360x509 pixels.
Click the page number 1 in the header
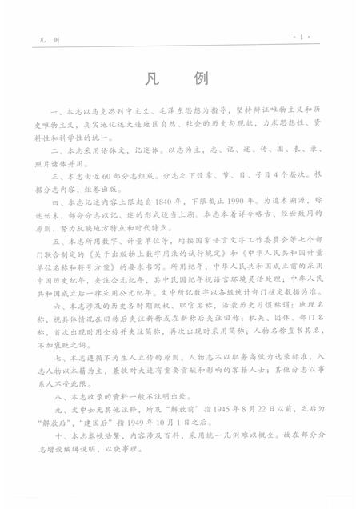coord(305,37)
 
